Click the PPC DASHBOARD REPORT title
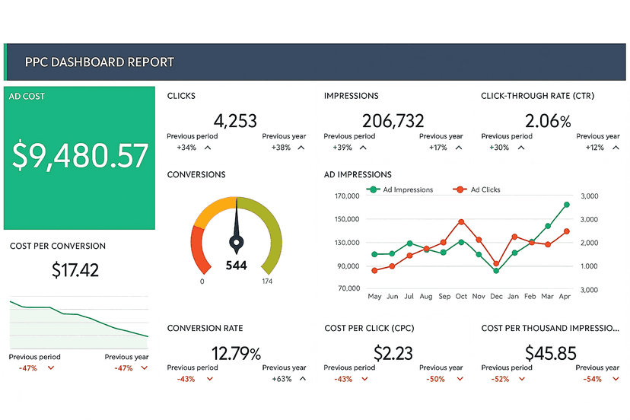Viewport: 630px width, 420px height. (99, 62)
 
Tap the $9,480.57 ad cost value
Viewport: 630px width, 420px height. (80, 156)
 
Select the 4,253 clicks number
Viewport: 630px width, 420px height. (235, 120)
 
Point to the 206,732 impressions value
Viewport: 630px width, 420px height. (393, 120)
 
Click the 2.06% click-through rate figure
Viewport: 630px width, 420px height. (548, 120)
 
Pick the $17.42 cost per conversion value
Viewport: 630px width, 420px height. (75, 269)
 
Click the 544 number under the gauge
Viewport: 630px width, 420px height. (237, 266)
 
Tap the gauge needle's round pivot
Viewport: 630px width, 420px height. (237, 243)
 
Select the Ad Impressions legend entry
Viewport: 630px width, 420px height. (401, 189)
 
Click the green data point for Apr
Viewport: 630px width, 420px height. (567, 205)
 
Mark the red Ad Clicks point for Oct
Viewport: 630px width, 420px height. (461, 222)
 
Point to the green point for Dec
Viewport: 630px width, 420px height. (496, 270)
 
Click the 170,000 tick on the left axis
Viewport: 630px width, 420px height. (346, 196)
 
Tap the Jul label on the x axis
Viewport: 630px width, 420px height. (409, 296)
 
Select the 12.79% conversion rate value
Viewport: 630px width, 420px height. (236, 353)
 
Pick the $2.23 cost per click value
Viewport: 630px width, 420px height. (393, 353)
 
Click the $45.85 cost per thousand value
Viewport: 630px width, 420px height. (551, 353)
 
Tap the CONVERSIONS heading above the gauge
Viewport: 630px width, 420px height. (196, 175)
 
